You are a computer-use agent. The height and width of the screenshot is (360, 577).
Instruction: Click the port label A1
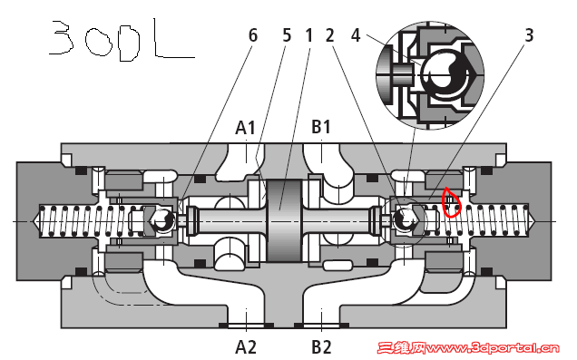pos(246,128)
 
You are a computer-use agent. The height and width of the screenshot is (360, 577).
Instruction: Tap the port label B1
pos(321,127)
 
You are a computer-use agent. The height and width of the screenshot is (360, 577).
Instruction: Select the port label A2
pos(246,346)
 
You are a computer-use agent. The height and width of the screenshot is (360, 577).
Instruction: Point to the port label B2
pos(322,346)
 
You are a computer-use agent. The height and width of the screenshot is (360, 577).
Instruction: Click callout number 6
pos(253,35)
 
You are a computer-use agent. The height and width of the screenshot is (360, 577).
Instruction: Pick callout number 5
pos(287,35)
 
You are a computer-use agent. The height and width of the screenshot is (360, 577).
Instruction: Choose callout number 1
pos(308,35)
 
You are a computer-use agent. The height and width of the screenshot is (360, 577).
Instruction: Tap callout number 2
pos(329,35)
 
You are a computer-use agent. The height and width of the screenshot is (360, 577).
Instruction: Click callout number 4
pos(356,35)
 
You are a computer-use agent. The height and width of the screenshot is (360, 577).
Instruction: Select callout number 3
pos(529,35)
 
